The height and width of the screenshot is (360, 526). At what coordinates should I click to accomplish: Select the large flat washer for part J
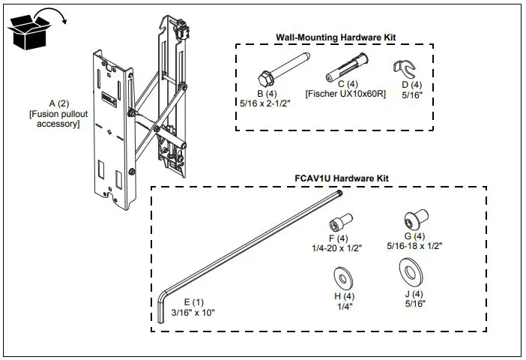click(409, 270)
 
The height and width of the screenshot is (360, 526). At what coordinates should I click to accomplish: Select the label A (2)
click(58, 103)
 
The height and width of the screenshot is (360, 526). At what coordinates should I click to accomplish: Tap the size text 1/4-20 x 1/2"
click(337, 248)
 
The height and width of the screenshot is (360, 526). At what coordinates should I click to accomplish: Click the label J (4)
click(412, 294)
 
